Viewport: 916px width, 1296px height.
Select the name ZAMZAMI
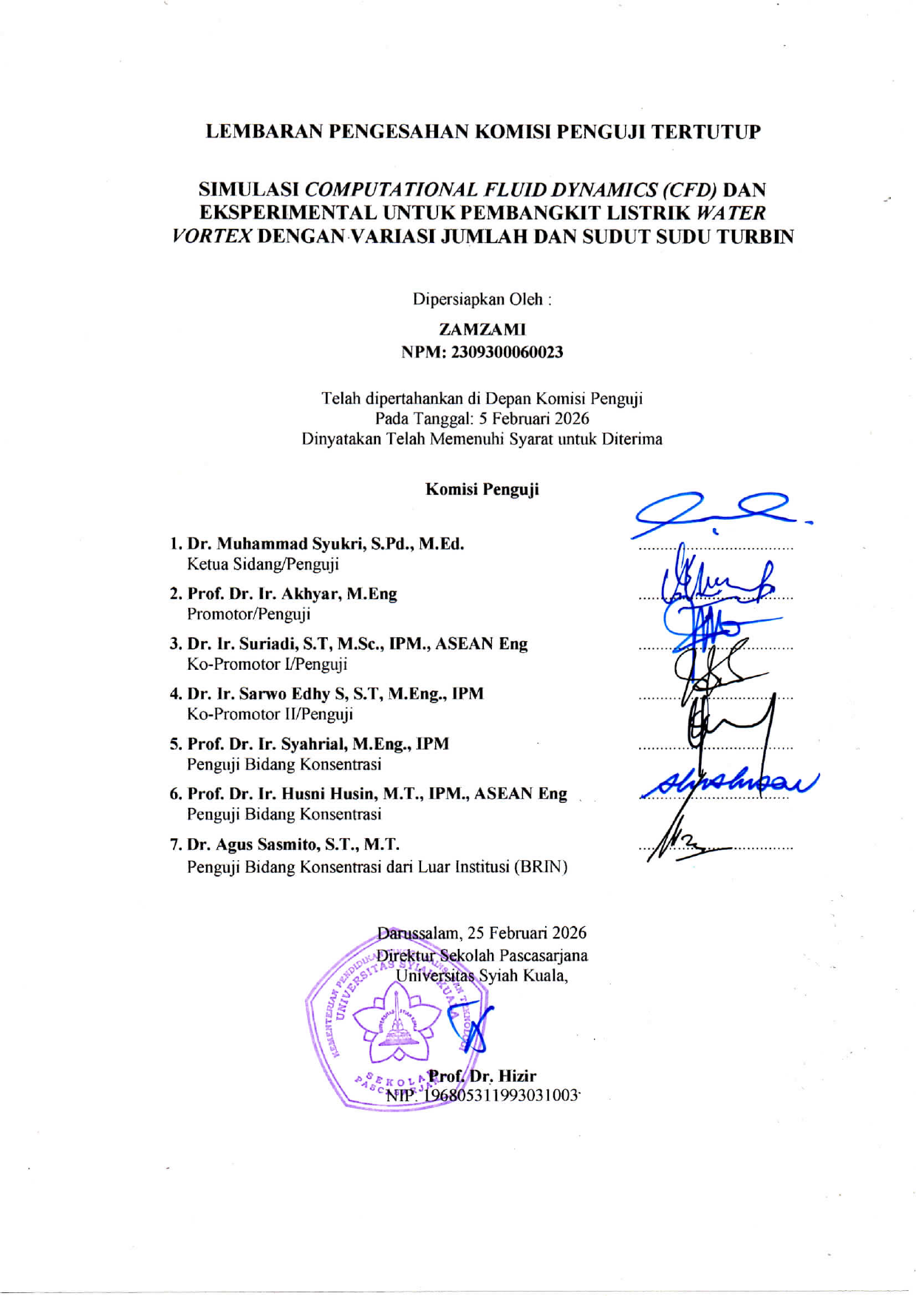482,329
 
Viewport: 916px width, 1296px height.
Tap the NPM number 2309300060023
507,352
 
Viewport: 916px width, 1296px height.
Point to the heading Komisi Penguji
482,490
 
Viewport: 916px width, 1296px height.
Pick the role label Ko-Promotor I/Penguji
267,664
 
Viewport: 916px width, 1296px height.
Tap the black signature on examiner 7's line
676,846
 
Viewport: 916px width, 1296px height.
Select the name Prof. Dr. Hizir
482,1076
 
